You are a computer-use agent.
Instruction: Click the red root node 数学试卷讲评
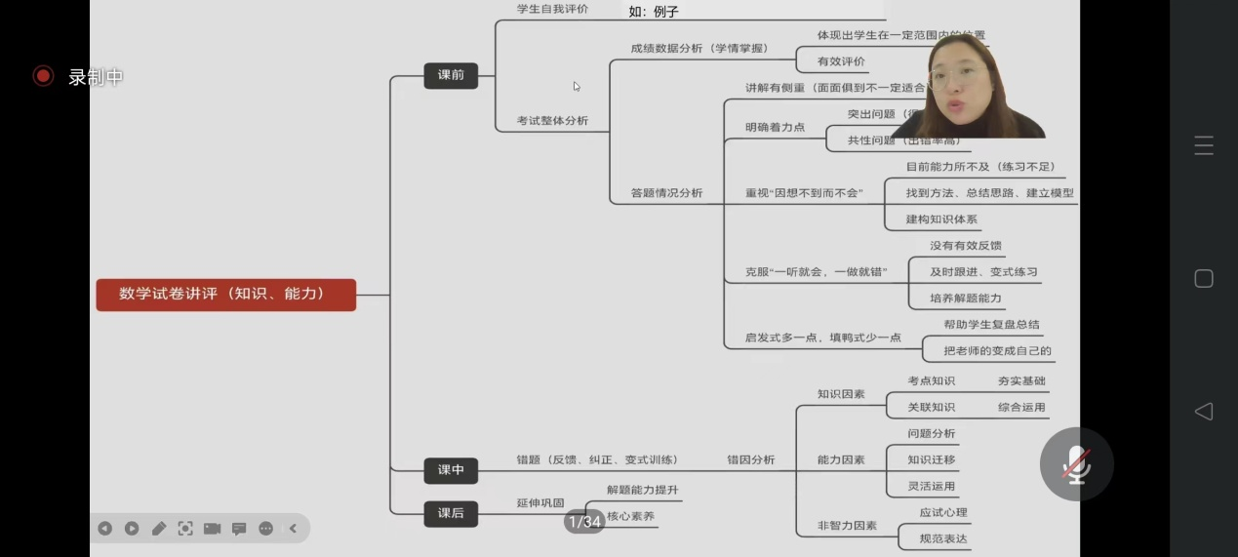tap(225, 294)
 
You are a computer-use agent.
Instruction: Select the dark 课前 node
tap(451, 75)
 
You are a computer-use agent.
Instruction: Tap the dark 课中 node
tap(451, 470)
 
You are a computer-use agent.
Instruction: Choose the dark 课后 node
tap(451, 513)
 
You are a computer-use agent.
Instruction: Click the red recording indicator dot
tap(43, 76)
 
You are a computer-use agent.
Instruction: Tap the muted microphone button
tap(1076, 464)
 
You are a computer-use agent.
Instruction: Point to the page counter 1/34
tap(584, 522)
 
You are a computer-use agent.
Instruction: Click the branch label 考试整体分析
tap(552, 121)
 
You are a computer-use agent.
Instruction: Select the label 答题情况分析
tap(667, 193)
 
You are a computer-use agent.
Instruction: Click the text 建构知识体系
tap(941, 219)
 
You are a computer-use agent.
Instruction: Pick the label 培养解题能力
tap(965, 298)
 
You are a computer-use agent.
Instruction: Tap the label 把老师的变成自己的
tap(997, 351)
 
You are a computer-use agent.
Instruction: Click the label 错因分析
tap(750, 459)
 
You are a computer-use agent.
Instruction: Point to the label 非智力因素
tap(847, 526)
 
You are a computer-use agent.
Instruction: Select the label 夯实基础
tap(1021, 381)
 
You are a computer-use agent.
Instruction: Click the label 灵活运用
tap(932, 486)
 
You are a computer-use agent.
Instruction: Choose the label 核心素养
tap(630, 516)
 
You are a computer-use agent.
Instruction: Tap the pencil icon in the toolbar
tap(158, 528)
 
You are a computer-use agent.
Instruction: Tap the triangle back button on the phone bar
tap(1204, 411)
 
